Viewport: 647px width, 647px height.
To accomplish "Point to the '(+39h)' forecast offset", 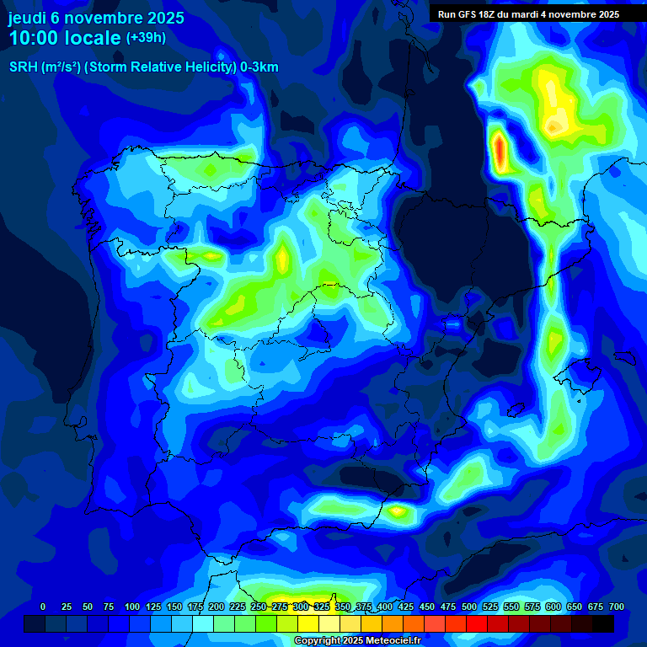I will pyautogui.click(x=146, y=38).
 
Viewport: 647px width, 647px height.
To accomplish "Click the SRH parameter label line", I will pyautogui.click(x=143, y=67).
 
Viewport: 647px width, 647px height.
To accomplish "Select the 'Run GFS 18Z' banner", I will pyautogui.click(x=528, y=14).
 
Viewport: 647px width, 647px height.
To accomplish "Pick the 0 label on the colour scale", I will pyautogui.click(x=43, y=607).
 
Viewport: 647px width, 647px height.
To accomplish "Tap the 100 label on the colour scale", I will pyautogui.click(x=131, y=607).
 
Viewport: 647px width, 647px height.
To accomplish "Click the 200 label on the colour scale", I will pyautogui.click(x=216, y=607).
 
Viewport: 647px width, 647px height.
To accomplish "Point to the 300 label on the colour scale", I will pyautogui.click(x=300, y=607).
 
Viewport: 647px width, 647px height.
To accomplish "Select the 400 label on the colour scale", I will pyautogui.click(x=385, y=607).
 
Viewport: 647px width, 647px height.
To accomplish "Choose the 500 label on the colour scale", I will pyautogui.click(x=469, y=607).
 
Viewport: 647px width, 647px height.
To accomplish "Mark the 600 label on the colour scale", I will pyautogui.click(x=553, y=607).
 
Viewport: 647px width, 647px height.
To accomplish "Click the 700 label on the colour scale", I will pyautogui.click(x=617, y=607).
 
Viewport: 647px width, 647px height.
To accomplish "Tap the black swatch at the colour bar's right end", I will pyautogui.click(x=603, y=623).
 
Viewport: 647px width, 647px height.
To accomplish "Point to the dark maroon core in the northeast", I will pyautogui.click(x=555, y=126).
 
